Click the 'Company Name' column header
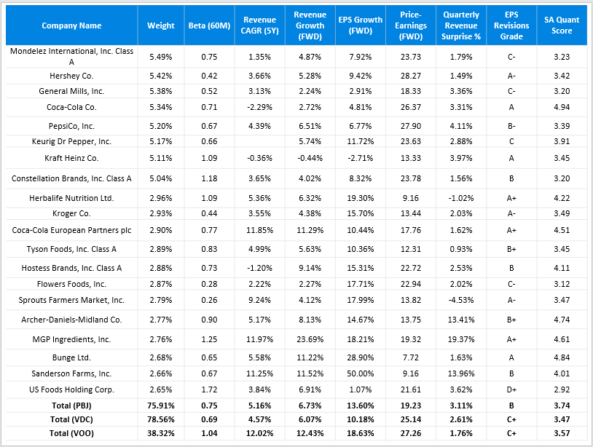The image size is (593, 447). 71,25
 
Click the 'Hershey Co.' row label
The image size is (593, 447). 71,76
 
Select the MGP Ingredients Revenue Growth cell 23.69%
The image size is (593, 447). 310,339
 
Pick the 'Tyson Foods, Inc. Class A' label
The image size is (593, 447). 71,250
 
